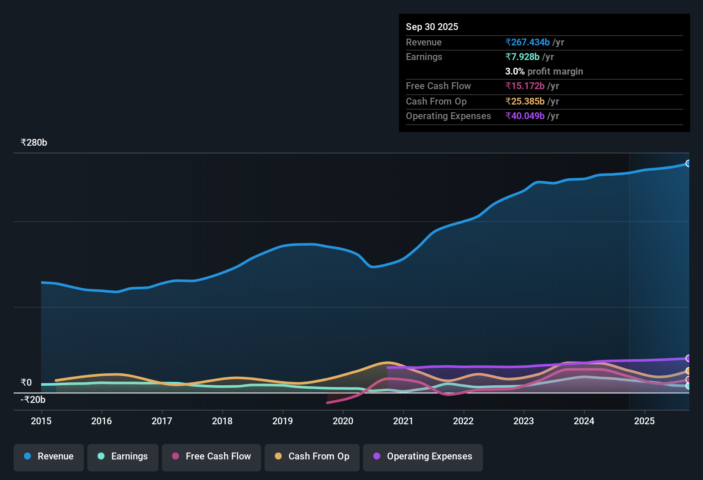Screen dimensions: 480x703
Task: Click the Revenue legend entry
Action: click(x=49, y=456)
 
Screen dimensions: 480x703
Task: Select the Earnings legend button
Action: click(x=123, y=456)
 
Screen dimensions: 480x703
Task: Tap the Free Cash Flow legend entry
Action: click(x=211, y=456)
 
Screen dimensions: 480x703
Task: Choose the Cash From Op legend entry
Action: click(x=312, y=456)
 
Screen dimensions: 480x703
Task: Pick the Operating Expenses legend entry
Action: click(x=423, y=456)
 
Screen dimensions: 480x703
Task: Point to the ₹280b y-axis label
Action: click(x=34, y=143)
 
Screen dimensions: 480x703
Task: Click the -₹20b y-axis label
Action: click(x=33, y=400)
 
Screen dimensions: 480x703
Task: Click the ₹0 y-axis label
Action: click(x=26, y=383)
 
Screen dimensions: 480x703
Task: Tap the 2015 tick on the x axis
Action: click(x=41, y=421)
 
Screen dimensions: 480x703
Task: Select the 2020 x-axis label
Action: click(x=343, y=421)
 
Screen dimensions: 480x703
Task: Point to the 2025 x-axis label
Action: click(x=644, y=421)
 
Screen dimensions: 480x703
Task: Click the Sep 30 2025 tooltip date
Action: click(x=432, y=27)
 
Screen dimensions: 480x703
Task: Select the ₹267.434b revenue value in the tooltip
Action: click(x=527, y=42)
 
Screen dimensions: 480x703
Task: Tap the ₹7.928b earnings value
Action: click(x=522, y=57)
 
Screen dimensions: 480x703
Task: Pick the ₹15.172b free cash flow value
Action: click(x=525, y=86)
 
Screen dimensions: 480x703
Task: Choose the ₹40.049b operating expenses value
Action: click(x=525, y=116)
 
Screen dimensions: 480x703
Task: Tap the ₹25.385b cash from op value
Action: click(x=525, y=102)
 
